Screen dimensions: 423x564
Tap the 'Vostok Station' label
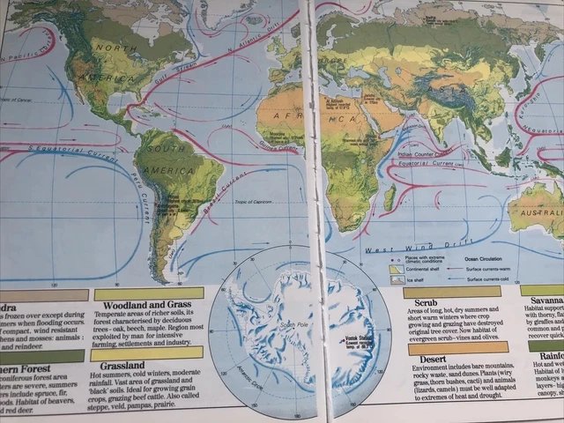(x=357, y=336)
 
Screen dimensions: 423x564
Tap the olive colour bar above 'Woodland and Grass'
(x=147, y=292)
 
